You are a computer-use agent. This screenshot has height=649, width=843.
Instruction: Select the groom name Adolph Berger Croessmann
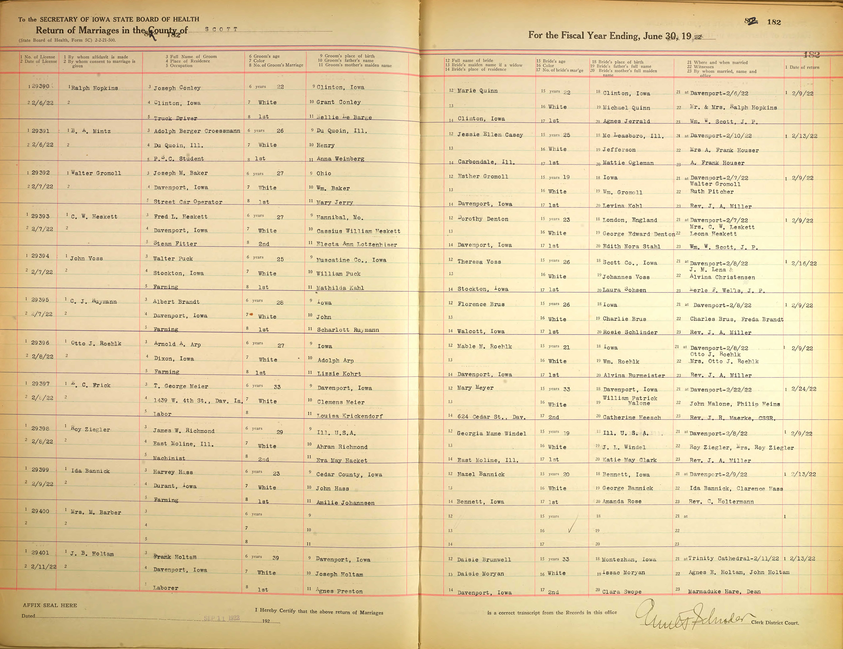197,131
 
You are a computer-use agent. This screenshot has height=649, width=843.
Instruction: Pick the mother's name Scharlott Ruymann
348,330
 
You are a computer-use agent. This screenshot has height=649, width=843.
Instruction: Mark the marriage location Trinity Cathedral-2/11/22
733,558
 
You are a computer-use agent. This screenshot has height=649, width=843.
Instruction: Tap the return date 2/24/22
804,389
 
